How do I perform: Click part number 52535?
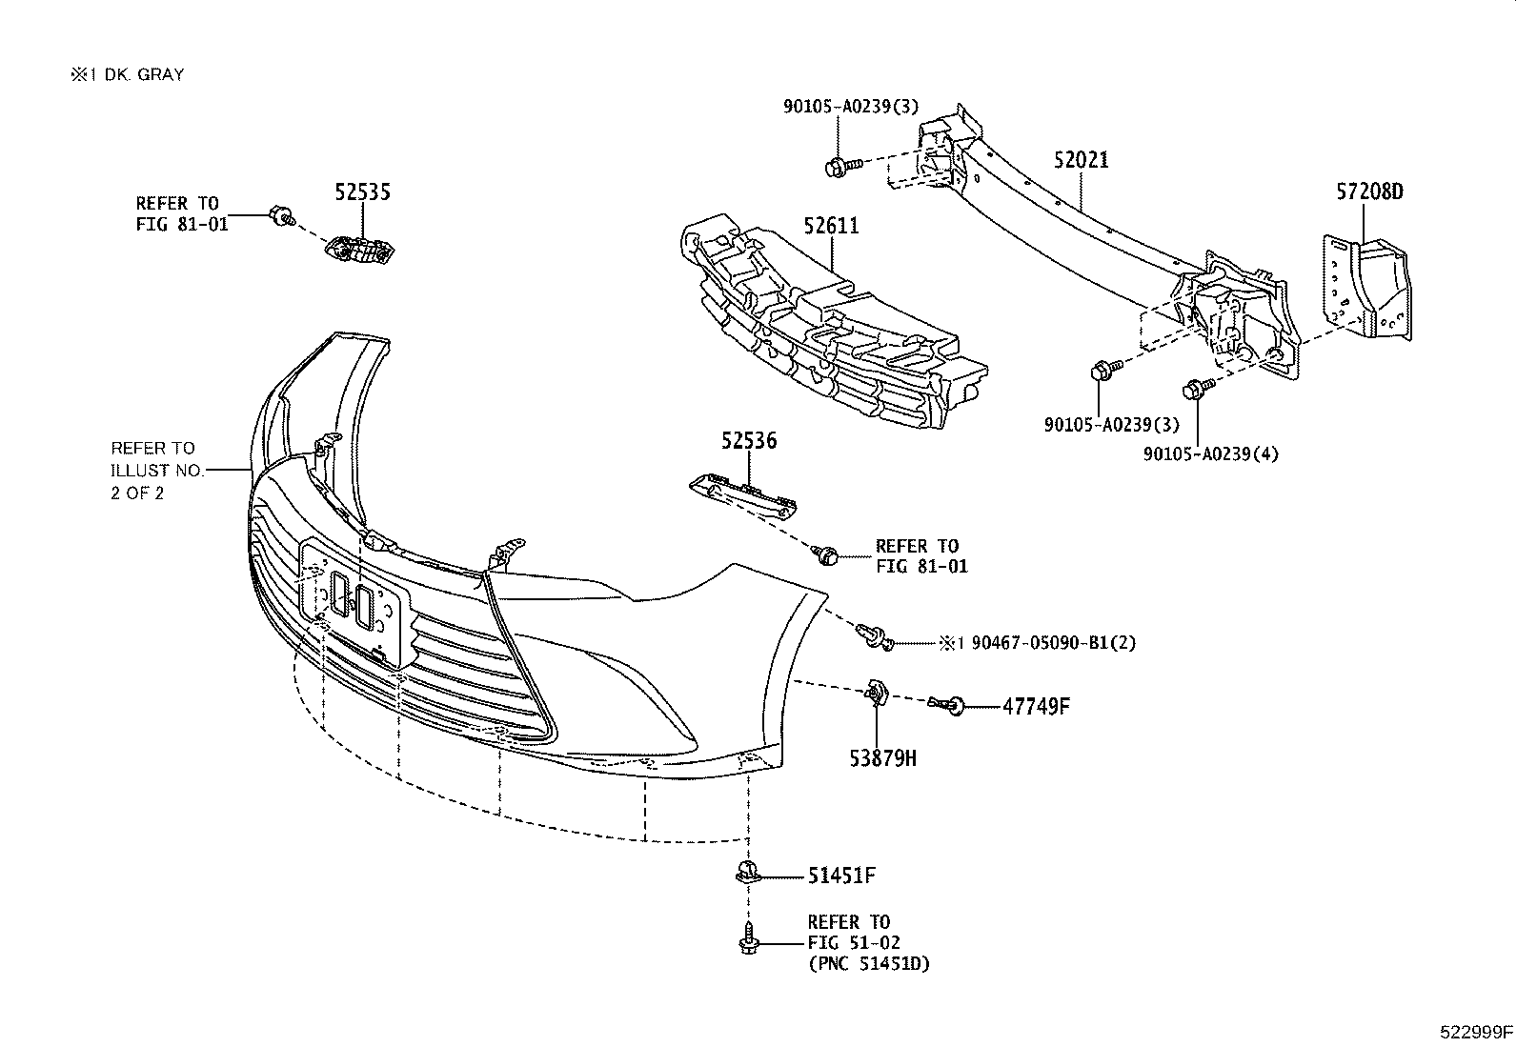[x=362, y=192]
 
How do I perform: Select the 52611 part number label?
[x=830, y=227]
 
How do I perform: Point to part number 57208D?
[x=1368, y=192]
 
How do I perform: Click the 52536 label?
[x=748, y=441]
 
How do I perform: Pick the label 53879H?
[x=882, y=758]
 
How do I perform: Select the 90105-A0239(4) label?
[x=1210, y=454]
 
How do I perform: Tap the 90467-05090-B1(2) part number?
[x=1053, y=643]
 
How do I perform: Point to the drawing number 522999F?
[x=1476, y=1031]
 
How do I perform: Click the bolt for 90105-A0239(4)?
[x=1193, y=388]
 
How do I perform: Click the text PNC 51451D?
[x=868, y=963]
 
